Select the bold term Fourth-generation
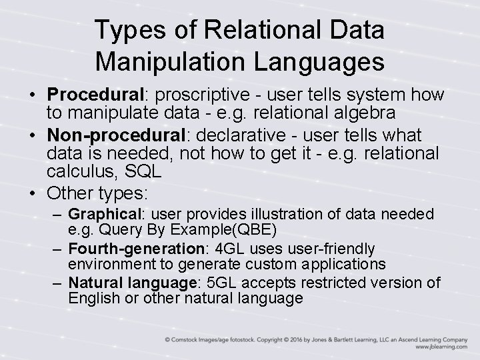129,249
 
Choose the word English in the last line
93,297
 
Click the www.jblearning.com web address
441,347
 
